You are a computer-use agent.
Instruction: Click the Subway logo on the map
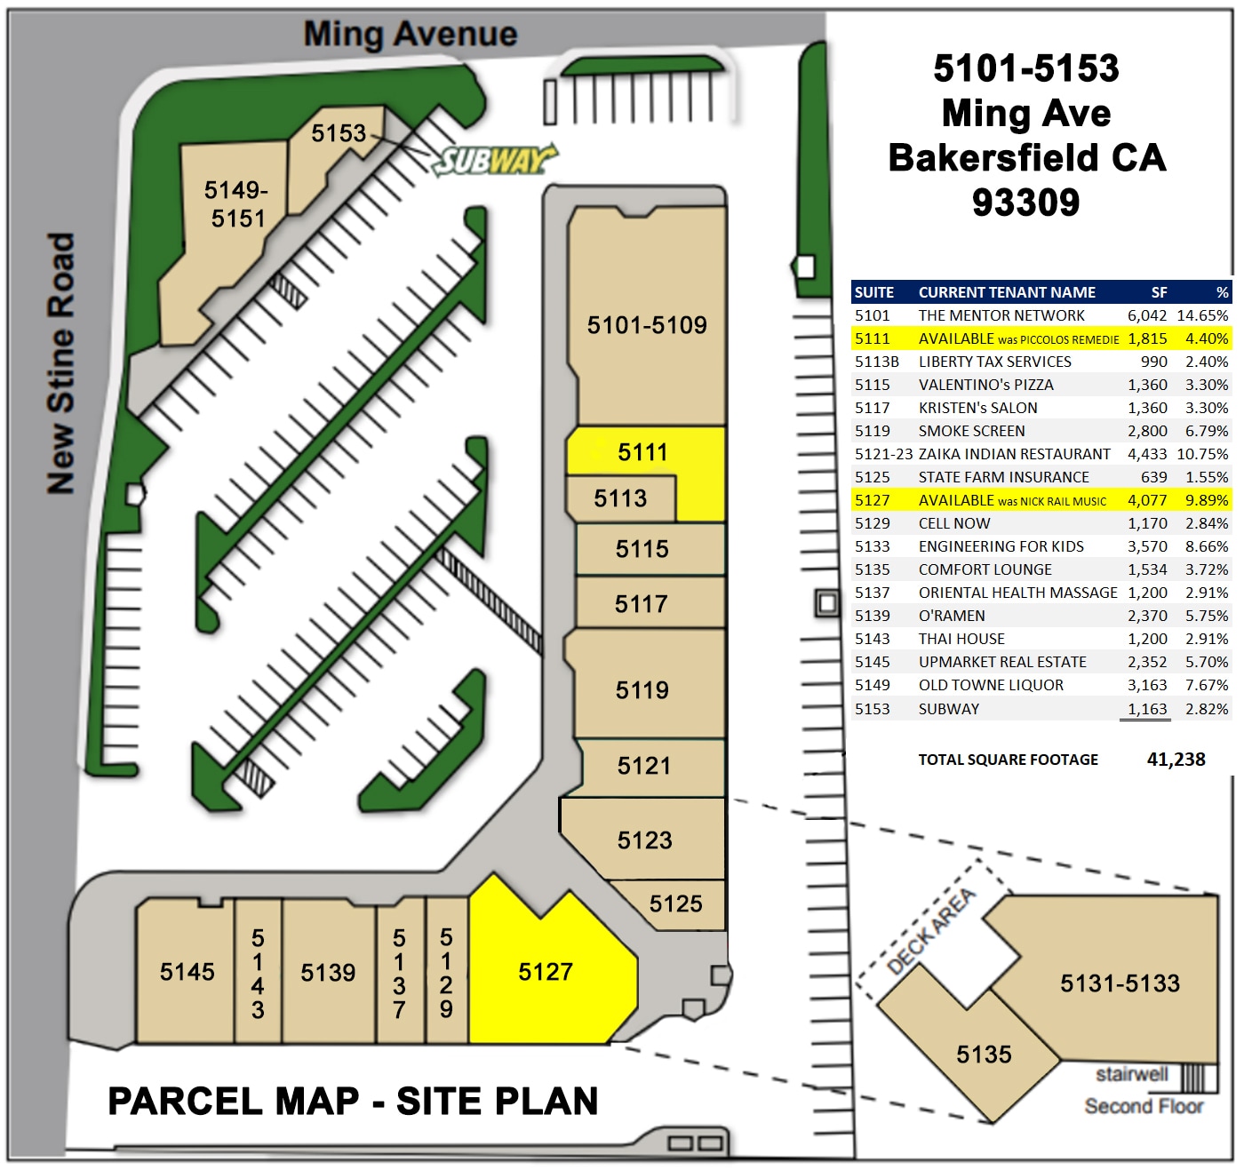coord(494,160)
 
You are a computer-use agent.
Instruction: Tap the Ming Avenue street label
coord(410,35)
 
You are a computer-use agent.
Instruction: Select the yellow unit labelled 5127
coord(546,972)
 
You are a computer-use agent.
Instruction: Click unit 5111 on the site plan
coord(642,452)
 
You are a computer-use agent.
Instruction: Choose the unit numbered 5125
coord(675,904)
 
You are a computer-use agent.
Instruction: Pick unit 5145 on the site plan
coord(187,972)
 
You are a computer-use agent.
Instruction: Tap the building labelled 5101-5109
coord(647,325)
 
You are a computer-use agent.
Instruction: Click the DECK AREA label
coord(931,930)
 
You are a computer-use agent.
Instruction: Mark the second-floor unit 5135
coord(984,1055)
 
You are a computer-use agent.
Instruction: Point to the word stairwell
coord(1131,1074)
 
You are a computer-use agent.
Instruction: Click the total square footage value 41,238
coord(1176,760)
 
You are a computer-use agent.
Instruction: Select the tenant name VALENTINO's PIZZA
coord(985,385)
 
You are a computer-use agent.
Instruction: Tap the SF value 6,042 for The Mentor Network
coord(1146,315)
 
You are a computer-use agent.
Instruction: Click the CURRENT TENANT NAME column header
coord(1007,292)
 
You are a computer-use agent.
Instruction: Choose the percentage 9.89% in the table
coord(1206,500)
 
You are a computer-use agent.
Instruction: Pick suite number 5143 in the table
coord(872,639)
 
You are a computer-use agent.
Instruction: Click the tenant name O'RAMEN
coord(952,616)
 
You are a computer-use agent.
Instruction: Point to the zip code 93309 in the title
coord(1025,203)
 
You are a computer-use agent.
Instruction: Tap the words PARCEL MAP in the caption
coord(234,1102)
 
